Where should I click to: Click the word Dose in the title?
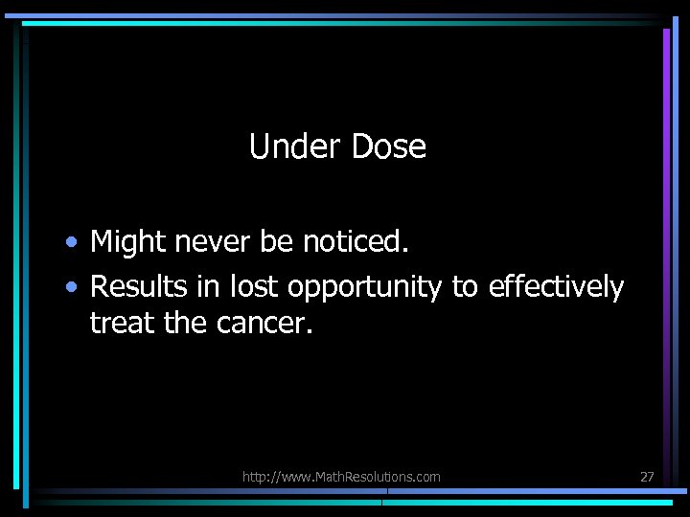click(389, 146)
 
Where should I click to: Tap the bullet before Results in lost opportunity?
click(72, 287)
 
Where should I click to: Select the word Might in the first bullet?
click(127, 243)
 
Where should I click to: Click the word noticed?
click(356, 243)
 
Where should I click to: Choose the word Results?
click(135, 286)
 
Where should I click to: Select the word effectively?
click(556, 286)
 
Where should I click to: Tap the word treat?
click(123, 325)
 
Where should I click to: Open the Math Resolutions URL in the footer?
click(341, 477)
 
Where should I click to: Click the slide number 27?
click(646, 477)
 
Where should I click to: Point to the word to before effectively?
click(465, 286)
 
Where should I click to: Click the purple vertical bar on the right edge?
click(666, 144)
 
